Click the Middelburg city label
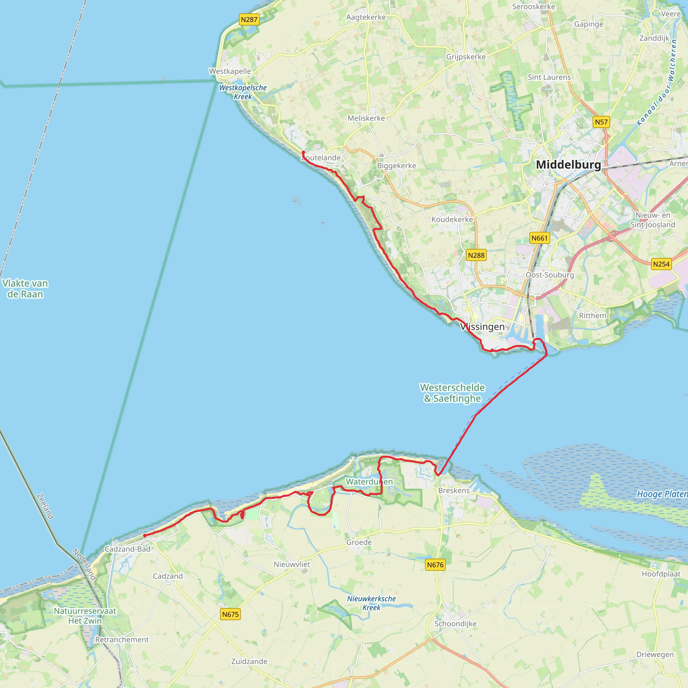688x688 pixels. click(568, 165)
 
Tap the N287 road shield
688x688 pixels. click(249, 19)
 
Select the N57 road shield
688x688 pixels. click(601, 122)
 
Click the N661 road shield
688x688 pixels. click(539, 238)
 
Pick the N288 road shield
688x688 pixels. click(476, 255)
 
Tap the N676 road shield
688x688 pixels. click(435, 564)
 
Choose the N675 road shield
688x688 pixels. click(230, 614)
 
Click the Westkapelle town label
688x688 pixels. click(230, 71)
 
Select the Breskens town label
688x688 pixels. click(454, 490)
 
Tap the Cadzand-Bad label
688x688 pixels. click(127, 549)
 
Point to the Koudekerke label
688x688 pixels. click(452, 219)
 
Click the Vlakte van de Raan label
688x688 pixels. click(25, 289)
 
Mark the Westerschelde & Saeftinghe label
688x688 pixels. click(452, 393)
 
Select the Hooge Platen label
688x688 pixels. click(662, 494)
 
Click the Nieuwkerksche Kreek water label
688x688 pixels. click(372, 603)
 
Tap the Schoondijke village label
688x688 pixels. click(455, 623)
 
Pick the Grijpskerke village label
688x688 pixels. click(466, 57)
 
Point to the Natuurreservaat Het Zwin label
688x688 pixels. click(85, 616)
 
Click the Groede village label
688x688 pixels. click(359, 542)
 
